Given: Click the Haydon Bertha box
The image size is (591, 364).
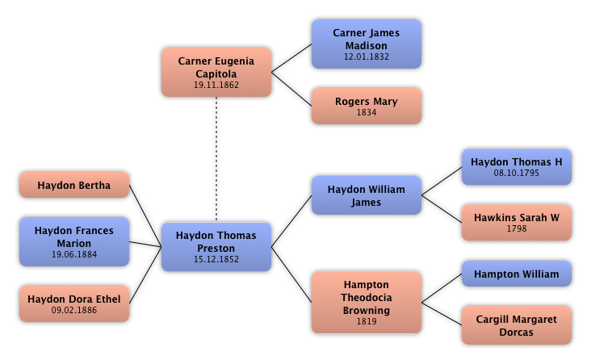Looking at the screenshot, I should coord(74,185).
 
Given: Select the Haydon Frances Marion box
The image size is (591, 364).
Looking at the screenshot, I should coord(74,241).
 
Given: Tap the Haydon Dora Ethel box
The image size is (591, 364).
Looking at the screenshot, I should coord(74,303).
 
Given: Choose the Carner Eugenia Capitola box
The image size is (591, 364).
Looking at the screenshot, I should coord(216,72).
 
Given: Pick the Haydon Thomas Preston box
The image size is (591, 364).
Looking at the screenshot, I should coord(216,246).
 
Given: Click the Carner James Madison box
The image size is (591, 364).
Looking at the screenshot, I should coord(367,44).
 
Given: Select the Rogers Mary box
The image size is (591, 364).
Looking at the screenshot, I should coord(367,106).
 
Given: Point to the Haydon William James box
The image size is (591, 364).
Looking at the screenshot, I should coord(367,195).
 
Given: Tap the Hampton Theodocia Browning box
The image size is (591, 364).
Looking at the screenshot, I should coord(367,302).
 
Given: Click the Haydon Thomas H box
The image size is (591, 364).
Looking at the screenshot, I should coord(517,166).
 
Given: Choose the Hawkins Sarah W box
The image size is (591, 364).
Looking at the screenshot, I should coord(517,222).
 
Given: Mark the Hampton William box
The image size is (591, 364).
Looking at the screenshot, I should coord(517,274).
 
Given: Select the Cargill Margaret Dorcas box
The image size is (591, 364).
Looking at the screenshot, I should coord(517,325).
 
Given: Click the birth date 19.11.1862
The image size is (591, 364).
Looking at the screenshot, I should coord(216,85).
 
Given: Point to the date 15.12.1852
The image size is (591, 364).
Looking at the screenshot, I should coord(216,259).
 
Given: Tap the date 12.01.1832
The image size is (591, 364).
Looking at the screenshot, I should coord(367,56).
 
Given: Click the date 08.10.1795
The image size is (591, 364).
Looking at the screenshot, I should coord(517,173).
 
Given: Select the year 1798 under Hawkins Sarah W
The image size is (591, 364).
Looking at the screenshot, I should coord(517,228).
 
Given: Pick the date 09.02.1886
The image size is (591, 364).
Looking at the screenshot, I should coord(74,310).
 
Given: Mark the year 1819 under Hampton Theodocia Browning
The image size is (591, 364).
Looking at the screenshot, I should coord(367,321).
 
